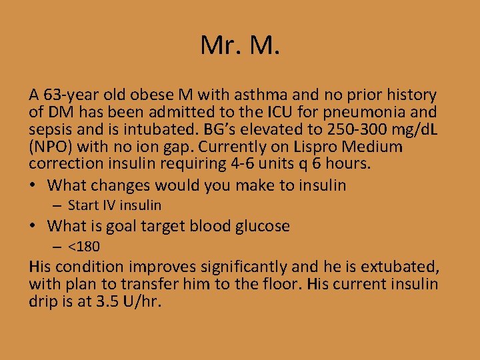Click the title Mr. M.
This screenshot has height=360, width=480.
[x=240, y=45]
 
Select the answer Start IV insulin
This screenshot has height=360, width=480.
[x=114, y=206]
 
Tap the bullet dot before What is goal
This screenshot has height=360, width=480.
[x=35, y=227]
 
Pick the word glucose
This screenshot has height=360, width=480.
[x=260, y=227]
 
